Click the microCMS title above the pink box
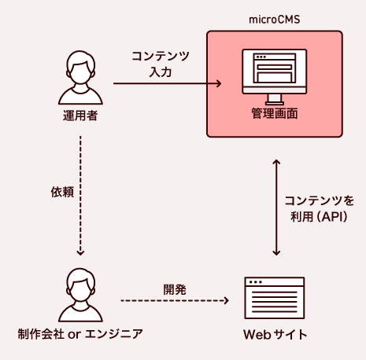pos(274,17)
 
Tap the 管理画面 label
pos(274,115)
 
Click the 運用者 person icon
pos(81,78)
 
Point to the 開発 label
pos(175,288)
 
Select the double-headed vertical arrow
pos(275,208)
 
